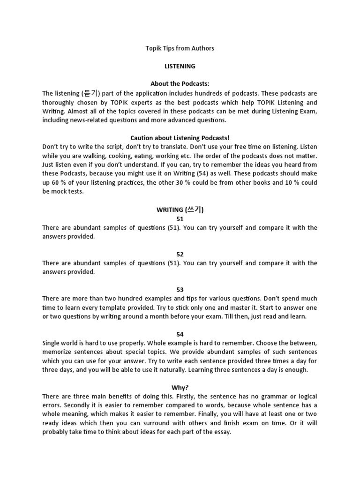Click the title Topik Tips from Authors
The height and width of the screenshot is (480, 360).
point(180,48)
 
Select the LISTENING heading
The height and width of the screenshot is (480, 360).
point(180,66)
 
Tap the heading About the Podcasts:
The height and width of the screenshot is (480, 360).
point(180,84)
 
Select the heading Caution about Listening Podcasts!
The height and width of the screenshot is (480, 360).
point(180,138)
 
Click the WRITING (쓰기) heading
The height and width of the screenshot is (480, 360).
point(180,210)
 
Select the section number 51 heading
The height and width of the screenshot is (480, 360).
point(180,219)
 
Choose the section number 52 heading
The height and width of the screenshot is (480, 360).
point(180,254)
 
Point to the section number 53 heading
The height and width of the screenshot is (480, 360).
point(180,290)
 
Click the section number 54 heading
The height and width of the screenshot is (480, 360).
point(180,334)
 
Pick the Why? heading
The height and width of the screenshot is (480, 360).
point(180,388)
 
